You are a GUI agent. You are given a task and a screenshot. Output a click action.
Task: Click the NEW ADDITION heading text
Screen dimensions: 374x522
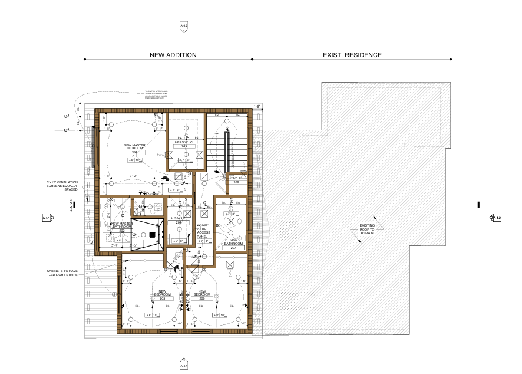click(173, 55)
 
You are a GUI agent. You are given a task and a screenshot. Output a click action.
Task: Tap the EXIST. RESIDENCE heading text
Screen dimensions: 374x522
click(352, 55)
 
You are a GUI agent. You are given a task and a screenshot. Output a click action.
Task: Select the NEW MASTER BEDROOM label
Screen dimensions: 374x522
click(134, 146)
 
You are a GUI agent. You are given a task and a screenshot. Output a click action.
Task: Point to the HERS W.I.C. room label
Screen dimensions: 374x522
click(184, 142)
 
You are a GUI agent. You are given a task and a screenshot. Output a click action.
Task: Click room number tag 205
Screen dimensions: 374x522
click(163, 298)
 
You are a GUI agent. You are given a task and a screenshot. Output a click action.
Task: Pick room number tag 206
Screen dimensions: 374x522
click(201, 298)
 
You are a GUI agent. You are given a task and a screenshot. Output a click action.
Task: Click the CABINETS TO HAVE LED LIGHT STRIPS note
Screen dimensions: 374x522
click(66, 274)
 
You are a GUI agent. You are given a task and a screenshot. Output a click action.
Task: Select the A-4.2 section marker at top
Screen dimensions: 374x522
click(184, 26)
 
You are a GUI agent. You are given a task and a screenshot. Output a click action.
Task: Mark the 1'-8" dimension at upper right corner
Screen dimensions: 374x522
click(257, 107)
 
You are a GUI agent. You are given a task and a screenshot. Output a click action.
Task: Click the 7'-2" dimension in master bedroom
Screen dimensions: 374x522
click(133, 176)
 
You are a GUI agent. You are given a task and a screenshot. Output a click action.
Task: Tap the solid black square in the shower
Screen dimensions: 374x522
click(152, 235)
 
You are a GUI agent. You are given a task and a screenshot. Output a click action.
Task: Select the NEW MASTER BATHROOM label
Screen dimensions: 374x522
click(121, 226)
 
